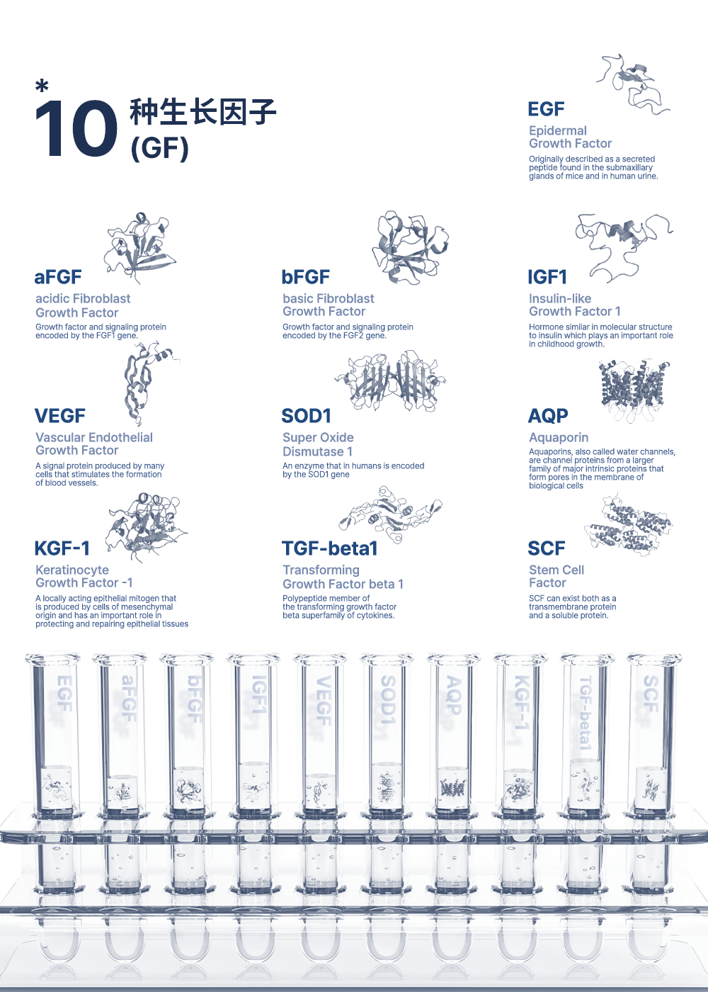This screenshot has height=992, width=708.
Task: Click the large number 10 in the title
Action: tap(76, 128)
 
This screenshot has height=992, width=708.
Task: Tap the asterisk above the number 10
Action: tap(42, 86)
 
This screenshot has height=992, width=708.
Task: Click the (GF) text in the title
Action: tap(160, 148)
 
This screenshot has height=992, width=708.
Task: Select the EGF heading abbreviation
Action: tap(546, 109)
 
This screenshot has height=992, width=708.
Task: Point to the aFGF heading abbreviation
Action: tap(58, 277)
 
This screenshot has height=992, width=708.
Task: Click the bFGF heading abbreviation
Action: tap(306, 277)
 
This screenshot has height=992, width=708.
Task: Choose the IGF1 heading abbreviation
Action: tap(547, 277)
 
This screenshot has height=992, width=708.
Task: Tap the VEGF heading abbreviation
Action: tap(60, 416)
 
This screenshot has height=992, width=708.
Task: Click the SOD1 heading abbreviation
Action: tap(306, 416)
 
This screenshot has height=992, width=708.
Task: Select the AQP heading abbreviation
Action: tap(548, 416)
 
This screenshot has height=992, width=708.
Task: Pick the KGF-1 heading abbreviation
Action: tap(62, 548)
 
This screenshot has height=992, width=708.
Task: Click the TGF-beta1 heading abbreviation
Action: tap(330, 548)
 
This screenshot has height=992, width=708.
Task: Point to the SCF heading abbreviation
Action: tap(547, 548)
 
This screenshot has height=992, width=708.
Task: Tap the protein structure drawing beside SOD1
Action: tap(390, 381)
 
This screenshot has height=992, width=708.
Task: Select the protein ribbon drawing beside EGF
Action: tap(633, 84)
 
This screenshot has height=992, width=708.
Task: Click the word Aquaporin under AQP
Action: tap(559, 438)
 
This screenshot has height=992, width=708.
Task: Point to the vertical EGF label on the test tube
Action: tap(64, 694)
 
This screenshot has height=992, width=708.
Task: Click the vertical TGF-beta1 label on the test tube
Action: tap(586, 713)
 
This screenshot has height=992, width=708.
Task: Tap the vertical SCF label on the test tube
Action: tap(651, 694)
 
